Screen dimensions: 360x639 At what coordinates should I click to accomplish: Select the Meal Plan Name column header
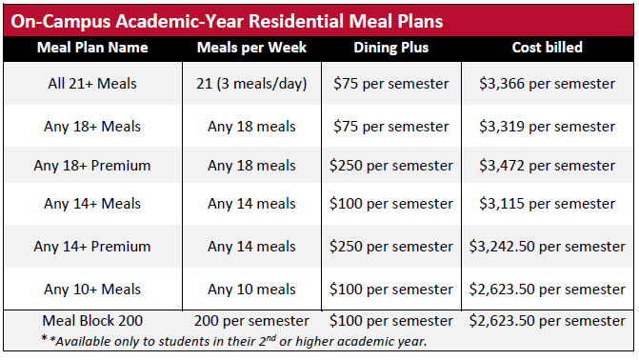(92, 48)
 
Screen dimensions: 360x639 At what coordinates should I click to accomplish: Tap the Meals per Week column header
(251, 48)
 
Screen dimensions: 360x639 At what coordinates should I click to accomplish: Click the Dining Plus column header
(390, 48)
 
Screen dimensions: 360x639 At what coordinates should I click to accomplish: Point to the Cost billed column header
(547, 48)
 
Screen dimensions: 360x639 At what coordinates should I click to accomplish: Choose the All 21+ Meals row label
(92, 84)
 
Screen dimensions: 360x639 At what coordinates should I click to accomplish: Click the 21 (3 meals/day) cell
(251, 84)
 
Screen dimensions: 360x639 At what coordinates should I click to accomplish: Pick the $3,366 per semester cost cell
(547, 84)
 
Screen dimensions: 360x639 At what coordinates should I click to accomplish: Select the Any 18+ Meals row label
(92, 127)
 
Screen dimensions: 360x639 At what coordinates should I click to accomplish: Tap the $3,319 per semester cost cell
(547, 127)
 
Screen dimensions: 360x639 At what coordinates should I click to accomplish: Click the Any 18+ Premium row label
(92, 166)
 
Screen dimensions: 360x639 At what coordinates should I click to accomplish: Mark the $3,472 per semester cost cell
(547, 166)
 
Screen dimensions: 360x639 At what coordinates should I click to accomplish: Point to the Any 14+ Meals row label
(92, 204)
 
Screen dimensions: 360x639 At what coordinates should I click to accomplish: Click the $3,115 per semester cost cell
(547, 204)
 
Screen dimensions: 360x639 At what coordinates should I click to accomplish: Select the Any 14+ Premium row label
(92, 247)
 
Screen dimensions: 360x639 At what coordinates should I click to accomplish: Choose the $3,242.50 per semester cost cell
(547, 247)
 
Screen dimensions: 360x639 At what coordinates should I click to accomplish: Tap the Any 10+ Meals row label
(92, 290)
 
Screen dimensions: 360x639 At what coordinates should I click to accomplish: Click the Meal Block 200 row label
(92, 321)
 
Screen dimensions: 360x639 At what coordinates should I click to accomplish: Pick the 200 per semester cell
(251, 321)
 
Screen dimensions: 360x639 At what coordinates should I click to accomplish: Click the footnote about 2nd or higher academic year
(234, 341)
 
